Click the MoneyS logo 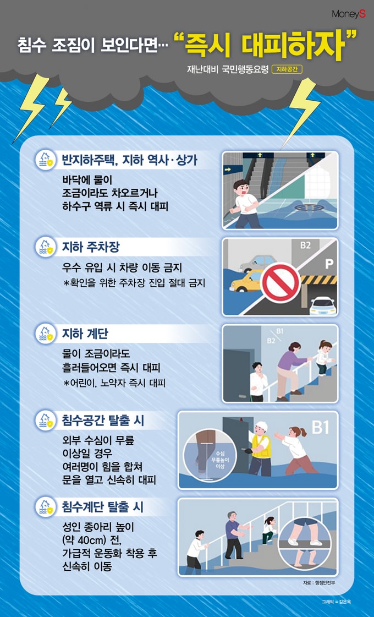click(x=349, y=14)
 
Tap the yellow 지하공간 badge click(x=287, y=70)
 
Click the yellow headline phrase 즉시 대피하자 click(x=265, y=46)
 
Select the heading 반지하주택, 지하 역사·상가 click(x=130, y=160)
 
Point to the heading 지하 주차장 click(x=90, y=247)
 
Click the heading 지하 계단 click(x=85, y=334)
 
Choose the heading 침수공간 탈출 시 click(x=103, y=421)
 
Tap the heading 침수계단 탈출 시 click(x=103, y=507)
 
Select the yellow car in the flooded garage click(x=247, y=281)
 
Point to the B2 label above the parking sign click(x=306, y=245)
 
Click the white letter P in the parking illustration click(x=329, y=264)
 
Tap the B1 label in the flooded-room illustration click(x=321, y=428)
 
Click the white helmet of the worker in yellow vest click(x=261, y=427)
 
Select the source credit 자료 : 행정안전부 click(x=319, y=583)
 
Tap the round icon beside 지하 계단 click(x=46, y=334)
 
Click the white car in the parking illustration click(x=323, y=306)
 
